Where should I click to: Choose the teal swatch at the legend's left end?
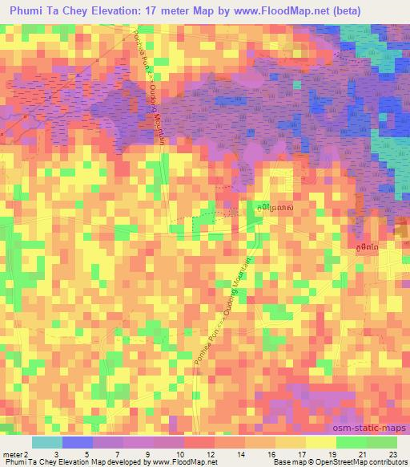[46, 442]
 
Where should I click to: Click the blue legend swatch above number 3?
[77, 442]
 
